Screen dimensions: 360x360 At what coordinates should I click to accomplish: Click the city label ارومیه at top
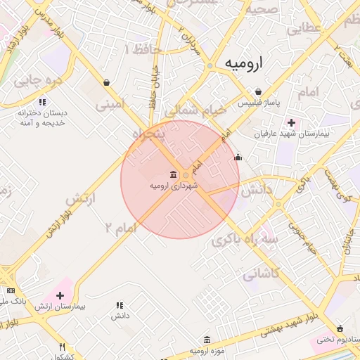click(x=243, y=63)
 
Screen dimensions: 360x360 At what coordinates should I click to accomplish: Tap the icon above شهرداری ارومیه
click(x=173, y=174)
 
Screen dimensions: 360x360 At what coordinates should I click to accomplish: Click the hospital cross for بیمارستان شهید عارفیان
click(x=291, y=122)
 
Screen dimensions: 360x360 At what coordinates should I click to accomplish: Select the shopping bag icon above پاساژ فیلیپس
click(x=259, y=92)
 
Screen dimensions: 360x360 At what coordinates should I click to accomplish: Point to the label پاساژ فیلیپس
click(x=267, y=103)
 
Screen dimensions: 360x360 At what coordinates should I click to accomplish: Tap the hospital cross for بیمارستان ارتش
click(x=60, y=295)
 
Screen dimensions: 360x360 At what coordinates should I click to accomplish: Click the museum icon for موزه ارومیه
click(x=207, y=340)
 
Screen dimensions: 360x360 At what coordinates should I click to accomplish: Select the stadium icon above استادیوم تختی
click(x=340, y=328)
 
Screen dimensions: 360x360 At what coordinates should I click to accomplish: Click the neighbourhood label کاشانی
click(x=262, y=274)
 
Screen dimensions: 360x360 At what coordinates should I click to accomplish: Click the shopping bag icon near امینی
click(x=106, y=82)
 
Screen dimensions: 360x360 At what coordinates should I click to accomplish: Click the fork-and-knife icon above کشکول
click(x=62, y=346)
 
